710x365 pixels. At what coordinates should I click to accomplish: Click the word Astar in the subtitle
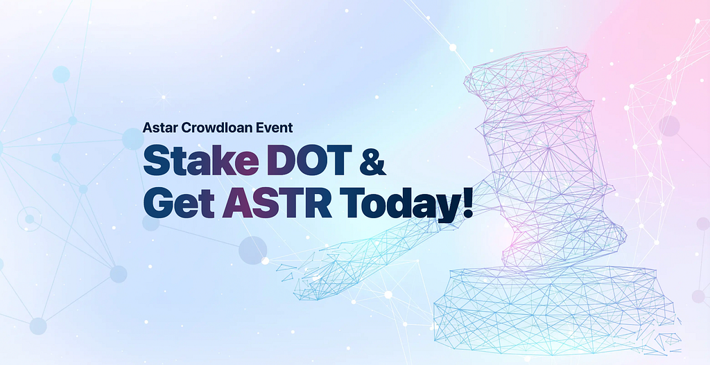point(160,127)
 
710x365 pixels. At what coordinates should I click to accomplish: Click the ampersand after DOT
point(372,161)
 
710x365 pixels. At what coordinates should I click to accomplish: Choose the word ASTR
point(277,204)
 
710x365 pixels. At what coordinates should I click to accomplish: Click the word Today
point(397,206)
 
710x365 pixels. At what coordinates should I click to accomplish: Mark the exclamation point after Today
point(466,204)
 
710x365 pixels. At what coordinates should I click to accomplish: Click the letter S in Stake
point(156,161)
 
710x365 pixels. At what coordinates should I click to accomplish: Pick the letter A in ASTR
point(237,204)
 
